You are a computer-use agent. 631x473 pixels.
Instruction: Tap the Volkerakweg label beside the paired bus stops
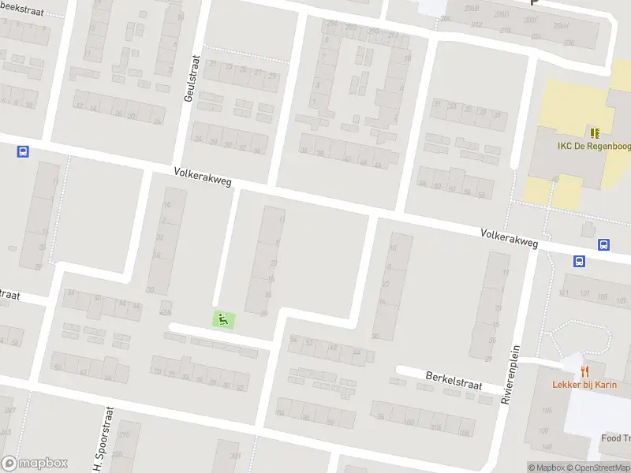click(510, 239)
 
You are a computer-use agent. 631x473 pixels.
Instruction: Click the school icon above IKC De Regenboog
click(593, 132)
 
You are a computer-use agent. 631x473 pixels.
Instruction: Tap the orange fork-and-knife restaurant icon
click(584, 371)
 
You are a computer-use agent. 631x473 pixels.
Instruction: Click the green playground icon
click(223, 319)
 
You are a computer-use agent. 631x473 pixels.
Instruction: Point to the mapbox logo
click(35, 464)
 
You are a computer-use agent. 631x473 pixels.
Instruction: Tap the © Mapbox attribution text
click(545, 467)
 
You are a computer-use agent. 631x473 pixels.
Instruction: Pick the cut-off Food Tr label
click(615, 439)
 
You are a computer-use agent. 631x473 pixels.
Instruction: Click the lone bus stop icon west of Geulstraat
click(22, 151)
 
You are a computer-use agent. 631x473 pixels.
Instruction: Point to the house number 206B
click(472, 8)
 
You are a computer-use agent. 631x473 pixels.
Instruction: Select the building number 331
click(234, 456)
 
